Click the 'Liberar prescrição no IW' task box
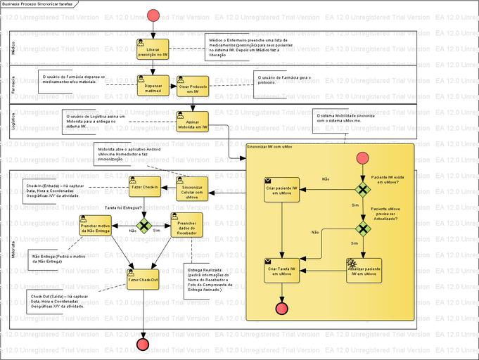(153, 49)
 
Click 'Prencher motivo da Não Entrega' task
(94, 226)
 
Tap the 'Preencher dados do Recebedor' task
(186, 226)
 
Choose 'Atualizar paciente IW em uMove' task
(364, 270)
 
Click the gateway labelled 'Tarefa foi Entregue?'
(144, 226)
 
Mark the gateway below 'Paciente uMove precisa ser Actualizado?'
(363, 229)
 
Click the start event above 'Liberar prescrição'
(153, 15)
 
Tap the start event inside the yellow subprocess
(363, 158)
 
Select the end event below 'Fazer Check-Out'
(144, 344)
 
